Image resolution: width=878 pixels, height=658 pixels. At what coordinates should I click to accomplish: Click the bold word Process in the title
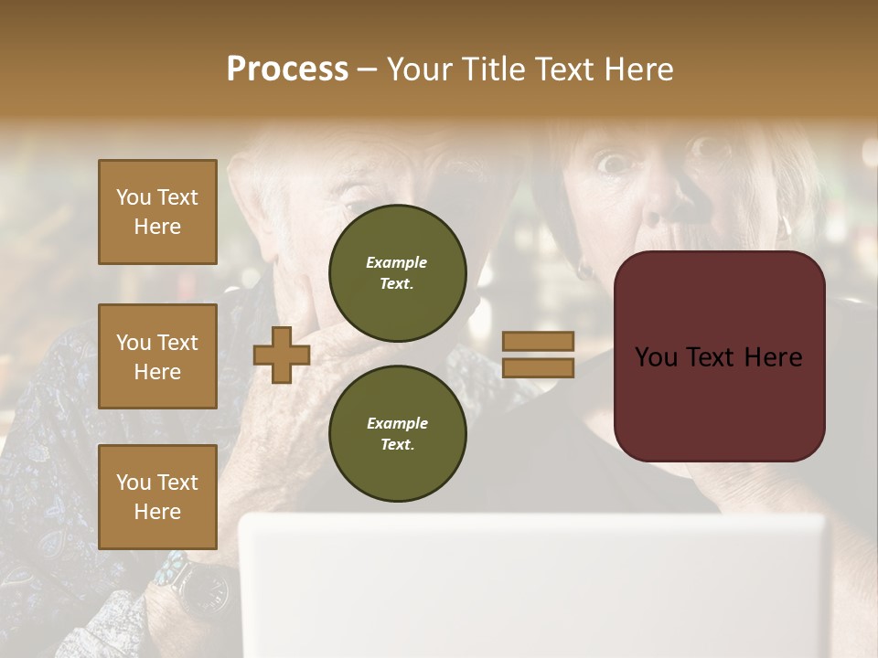point(287,69)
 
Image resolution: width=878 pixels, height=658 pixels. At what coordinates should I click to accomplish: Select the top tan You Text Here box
point(157,212)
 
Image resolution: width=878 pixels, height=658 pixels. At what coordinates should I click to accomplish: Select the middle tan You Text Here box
point(157,356)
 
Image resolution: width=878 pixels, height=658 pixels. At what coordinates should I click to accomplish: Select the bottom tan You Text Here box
point(157,496)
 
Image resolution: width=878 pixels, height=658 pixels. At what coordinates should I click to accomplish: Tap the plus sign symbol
point(281,355)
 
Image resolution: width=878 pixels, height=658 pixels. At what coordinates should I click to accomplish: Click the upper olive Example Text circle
point(397,272)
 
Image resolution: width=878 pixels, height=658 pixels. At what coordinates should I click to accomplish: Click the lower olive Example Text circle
point(397,433)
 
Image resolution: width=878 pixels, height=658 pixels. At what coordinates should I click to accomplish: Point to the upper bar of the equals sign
point(539,341)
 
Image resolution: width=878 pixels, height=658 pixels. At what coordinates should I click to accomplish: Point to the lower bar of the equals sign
point(539,367)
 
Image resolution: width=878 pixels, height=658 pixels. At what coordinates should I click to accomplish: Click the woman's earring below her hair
point(584,269)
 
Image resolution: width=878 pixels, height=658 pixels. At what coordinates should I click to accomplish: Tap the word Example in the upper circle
point(396,262)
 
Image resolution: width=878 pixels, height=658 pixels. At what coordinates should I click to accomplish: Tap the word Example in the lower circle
point(396,423)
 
